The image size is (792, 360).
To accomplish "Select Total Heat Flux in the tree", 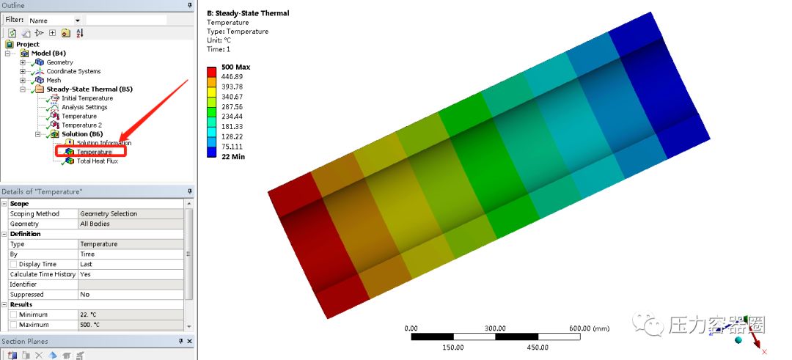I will (97, 161).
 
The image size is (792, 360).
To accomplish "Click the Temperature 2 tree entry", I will (81, 125).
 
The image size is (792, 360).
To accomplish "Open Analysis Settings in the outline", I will (84, 107).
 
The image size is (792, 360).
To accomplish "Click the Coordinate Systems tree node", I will (73, 71).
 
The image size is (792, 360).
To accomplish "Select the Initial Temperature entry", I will (87, 98).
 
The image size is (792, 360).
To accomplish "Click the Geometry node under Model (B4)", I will (59, 62).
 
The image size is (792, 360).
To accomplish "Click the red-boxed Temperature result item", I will (94, 152).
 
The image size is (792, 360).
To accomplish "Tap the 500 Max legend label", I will (236, 67).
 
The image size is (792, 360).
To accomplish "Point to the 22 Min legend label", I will (233, 157).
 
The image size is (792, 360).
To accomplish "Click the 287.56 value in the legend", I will (232, 106).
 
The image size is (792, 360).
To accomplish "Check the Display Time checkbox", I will (13, 264).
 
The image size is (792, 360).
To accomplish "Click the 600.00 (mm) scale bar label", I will (589, 328).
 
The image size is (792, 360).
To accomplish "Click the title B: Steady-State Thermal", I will (248, 13).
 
